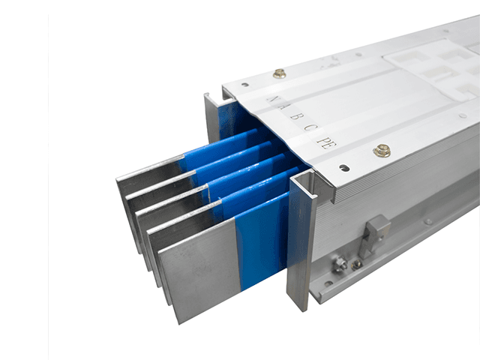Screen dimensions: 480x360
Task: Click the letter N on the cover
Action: [272, 100]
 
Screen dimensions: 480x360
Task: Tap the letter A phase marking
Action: [284, 108]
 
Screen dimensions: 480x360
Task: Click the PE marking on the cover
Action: [327, 141]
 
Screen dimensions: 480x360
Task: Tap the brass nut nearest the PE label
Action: [382, 150]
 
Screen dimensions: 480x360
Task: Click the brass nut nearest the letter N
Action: [279, 73]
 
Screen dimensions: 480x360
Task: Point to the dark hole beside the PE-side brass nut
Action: [344, 168]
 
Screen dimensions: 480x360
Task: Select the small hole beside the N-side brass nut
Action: [244, 85]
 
